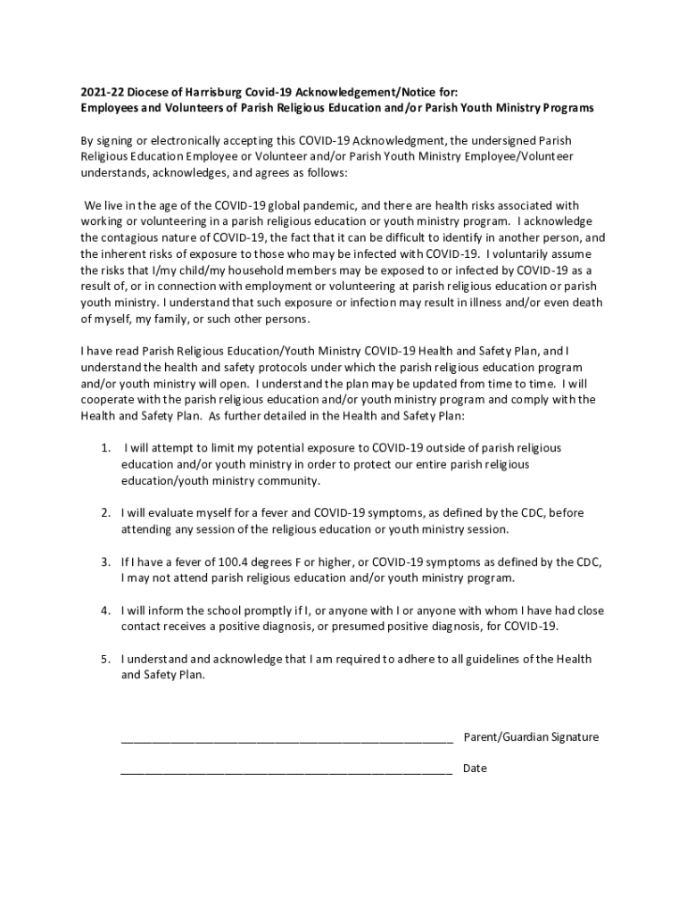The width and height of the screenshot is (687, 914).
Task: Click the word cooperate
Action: pyautogui.click(x=109, y=400)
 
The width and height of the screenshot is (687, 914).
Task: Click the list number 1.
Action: pyautogui.click(x=105, y=448)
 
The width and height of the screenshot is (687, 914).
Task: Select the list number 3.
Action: pyautogui.click(x=105, y=562)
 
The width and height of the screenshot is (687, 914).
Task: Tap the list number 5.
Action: pyautogui.click(x=105, y=660)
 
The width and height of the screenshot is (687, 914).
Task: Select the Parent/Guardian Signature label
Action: pyautogui.click(x=531, y=737)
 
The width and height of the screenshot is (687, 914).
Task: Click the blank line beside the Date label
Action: pyautogui.click(x=286, y=769)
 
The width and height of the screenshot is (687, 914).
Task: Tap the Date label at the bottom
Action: pyautogui.click(x=475, y=769)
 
